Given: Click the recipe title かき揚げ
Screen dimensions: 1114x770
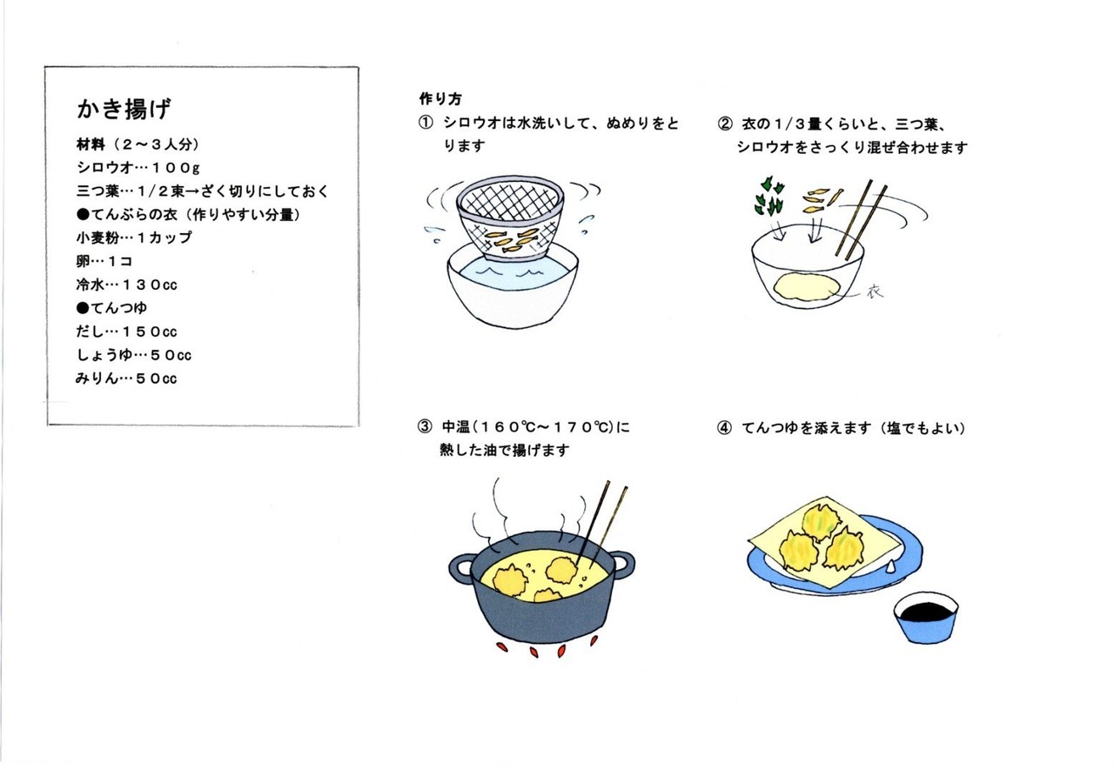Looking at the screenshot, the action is coord(124,109).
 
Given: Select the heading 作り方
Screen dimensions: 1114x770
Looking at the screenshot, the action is coord(440,99).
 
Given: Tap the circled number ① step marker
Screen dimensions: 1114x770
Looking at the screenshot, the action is coord(426,124).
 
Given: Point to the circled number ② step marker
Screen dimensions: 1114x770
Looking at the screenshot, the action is coord(725,124).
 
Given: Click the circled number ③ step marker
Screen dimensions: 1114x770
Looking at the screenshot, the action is coord(425,426).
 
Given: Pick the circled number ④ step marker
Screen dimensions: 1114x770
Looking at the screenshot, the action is coord(724,427).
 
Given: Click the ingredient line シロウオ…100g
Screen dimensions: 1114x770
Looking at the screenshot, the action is coord(138,168).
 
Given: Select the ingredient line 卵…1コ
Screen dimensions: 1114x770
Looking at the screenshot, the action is coord(104,261).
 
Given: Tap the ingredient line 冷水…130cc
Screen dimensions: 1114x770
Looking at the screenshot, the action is coord(127,285).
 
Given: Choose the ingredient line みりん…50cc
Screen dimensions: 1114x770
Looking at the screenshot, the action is coord(126,378).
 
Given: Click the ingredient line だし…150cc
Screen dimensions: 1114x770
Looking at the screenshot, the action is coord(127,331).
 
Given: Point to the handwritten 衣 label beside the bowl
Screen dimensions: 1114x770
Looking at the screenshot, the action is coord(875,291).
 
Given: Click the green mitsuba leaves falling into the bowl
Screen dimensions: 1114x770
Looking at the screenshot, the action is coord(769,197).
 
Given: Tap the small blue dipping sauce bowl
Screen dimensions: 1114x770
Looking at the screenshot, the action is coord(926,618).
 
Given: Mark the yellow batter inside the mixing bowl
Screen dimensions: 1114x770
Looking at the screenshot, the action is coord(807,287).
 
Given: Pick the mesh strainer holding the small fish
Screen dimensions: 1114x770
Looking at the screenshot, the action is coord(510,218).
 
